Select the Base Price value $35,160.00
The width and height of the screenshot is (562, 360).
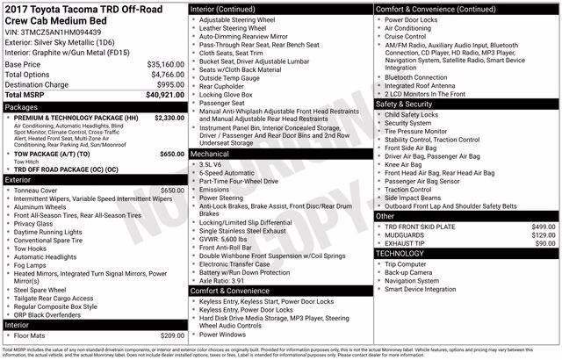click(x=160, y=64)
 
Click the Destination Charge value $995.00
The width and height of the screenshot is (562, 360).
click(x=166, y=84)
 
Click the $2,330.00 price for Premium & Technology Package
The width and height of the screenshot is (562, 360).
click(x=164, y=117)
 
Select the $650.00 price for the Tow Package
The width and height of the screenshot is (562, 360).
click(x=167, y=154)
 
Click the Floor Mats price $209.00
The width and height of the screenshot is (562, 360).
click(x=167, y=335)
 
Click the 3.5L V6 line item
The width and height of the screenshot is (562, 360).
click(x=211, y=164)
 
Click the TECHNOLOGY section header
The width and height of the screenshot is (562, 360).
click(x=401, y=253)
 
